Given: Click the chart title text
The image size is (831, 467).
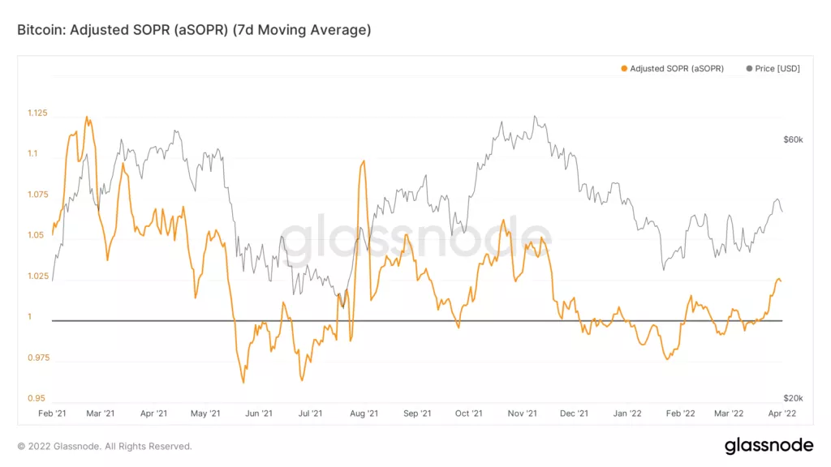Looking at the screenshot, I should coord(194,30).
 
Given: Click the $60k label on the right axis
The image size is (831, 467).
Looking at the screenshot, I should coord(793,139).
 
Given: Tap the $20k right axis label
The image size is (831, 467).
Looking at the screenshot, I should coord(793,398).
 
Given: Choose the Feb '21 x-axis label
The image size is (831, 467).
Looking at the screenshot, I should coord(53,413).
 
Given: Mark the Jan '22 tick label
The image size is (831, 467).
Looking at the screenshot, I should coord(627,413).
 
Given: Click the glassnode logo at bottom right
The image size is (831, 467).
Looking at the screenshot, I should coord(769,445).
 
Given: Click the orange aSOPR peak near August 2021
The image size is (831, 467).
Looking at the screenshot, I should coord(363,161).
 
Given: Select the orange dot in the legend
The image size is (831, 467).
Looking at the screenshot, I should coord(624,69).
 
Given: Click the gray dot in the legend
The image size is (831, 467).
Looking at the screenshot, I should coord(748,69).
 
